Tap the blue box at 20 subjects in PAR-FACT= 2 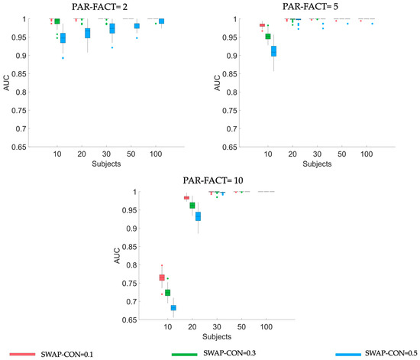[88, 33]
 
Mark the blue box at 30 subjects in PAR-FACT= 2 [112, 28]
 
